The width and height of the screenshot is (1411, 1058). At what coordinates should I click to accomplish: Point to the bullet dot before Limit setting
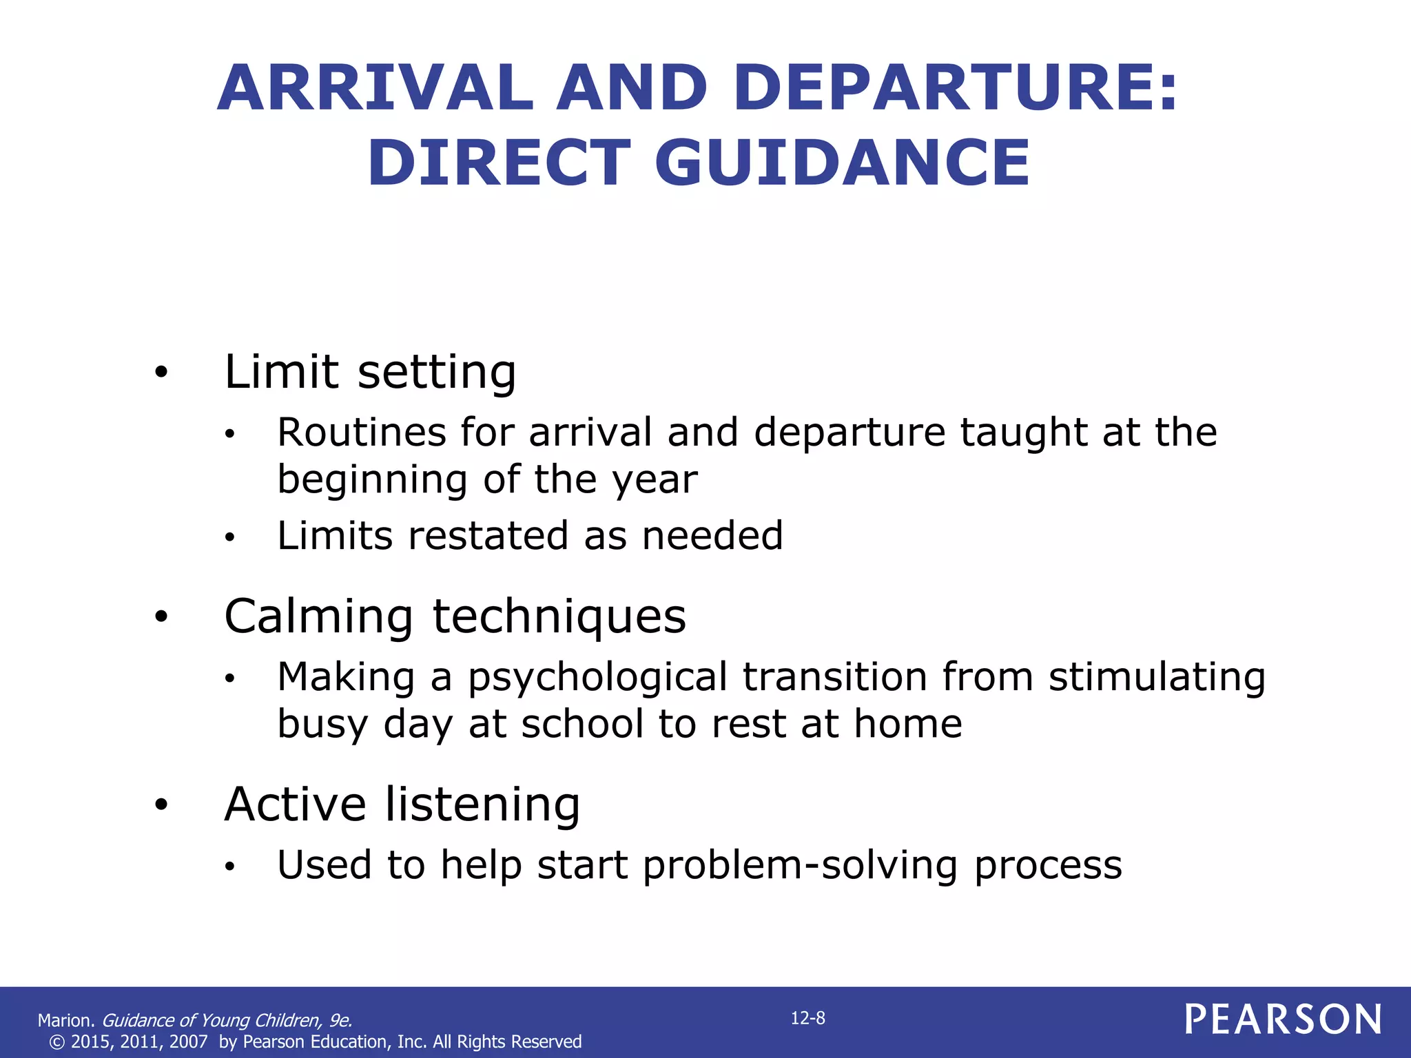tap(161, 373)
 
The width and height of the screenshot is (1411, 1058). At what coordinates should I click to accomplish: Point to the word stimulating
tap(1157, 678)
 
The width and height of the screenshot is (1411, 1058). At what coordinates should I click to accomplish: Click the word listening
tap(482, 805)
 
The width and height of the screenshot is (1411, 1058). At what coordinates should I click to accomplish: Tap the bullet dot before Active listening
tap(161, 805)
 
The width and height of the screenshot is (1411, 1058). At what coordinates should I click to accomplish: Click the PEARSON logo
tap(1283, 1019)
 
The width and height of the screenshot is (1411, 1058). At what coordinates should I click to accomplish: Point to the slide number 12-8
tap(807, 1018)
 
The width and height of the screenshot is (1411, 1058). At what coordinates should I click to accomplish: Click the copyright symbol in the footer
tap(57, 1041)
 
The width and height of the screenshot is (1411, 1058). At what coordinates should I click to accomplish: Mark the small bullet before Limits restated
tap(230, 537)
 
